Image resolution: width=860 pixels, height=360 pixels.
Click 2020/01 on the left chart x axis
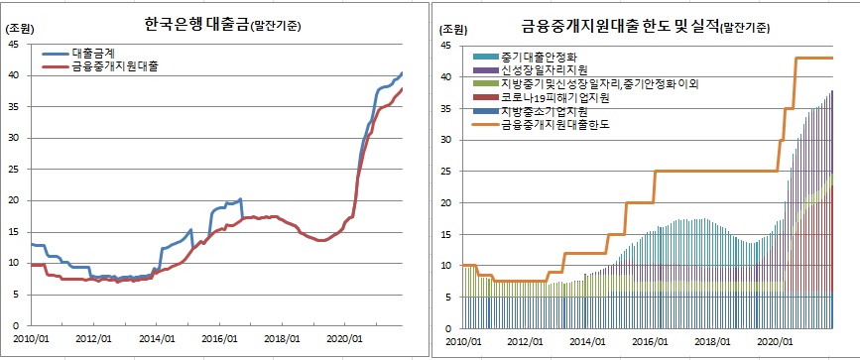click(344, 337)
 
